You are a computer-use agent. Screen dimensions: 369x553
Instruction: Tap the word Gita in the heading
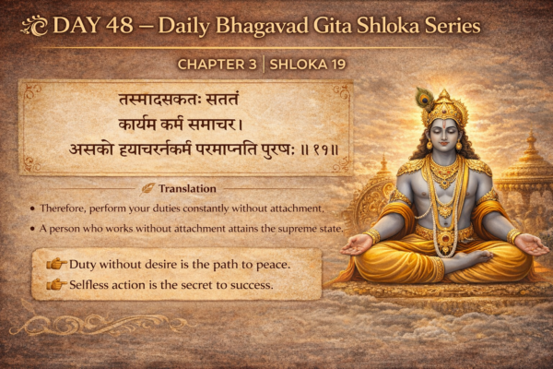(324, 26)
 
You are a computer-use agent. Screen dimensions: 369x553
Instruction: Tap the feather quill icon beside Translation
(149, 188)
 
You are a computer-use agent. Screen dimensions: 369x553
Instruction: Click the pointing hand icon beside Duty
(56, 265)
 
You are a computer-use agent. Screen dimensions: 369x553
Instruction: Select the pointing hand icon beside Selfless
(56, 284)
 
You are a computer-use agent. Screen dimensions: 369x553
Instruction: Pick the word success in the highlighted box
(248, 284)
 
